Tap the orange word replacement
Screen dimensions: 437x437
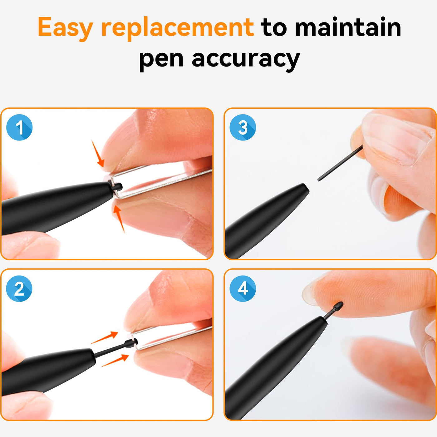178,28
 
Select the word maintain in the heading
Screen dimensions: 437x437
348,27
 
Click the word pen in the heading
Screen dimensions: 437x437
161,60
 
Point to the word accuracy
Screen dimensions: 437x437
246,60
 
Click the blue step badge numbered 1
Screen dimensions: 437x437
19,127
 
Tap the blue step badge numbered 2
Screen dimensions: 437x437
19,289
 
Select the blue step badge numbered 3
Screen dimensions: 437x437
243,127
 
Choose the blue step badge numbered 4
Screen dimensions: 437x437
243,289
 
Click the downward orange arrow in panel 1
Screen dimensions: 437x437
98,154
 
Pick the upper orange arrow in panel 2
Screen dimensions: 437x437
105,337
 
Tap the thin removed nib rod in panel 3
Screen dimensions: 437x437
340,163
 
